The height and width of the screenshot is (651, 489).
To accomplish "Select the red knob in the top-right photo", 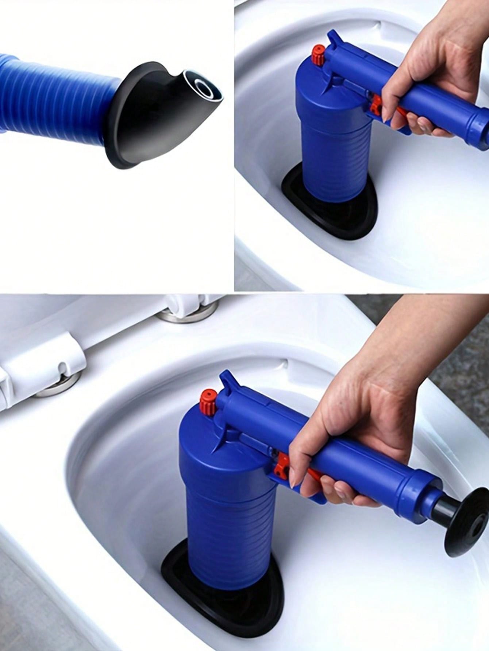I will (x=319, y=52).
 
